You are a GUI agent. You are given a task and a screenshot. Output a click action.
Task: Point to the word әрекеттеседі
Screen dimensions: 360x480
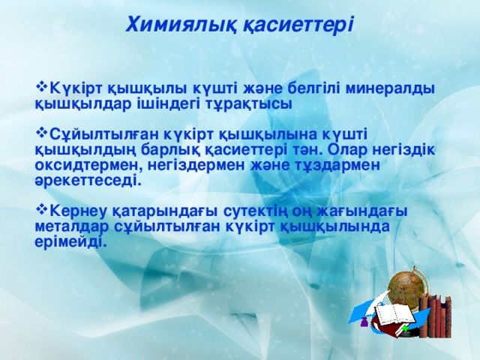pyautogui.click(x=88, y=180)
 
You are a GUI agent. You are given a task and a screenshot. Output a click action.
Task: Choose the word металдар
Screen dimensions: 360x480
pyautogui.click(x=73, y=226)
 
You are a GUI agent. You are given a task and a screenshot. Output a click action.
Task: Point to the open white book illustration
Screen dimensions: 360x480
pyautogui.click(x=391, y=314)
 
